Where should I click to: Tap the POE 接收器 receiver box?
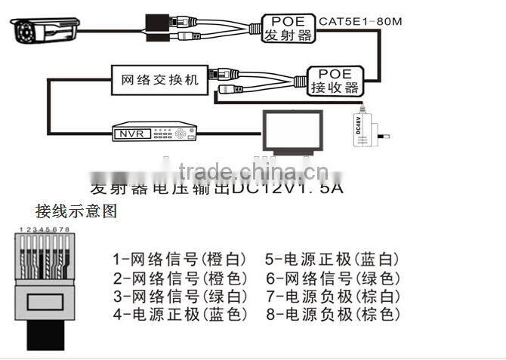coord(335,79)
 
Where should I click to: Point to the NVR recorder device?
coord(154,134)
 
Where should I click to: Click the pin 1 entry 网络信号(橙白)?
coord(180,260)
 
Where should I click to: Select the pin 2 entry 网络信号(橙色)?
coord(180,278)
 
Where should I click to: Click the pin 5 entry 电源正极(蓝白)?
coord(332,260)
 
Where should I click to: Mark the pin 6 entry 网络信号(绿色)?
coord(332,278)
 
